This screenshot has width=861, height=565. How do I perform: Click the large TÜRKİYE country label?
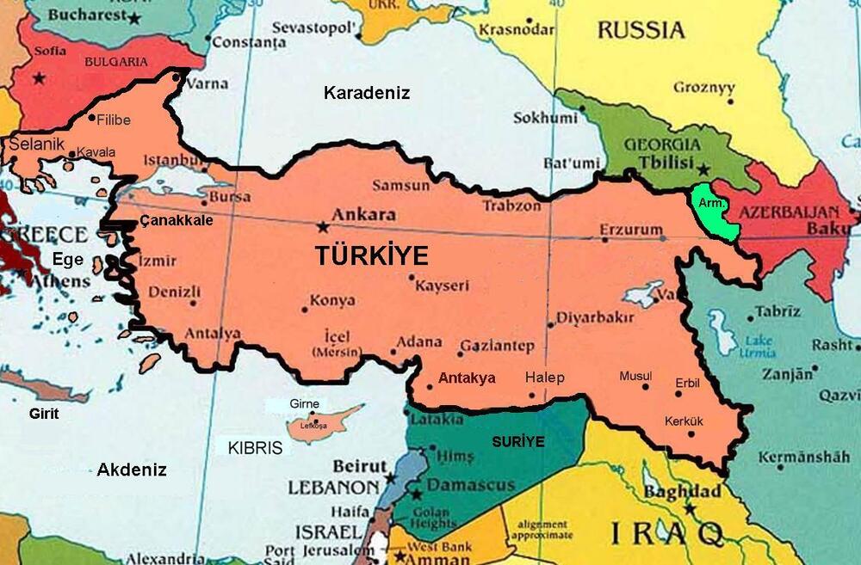(371, 255)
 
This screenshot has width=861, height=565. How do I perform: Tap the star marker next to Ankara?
(323, 227)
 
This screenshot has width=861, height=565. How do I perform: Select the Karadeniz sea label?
(367, 93)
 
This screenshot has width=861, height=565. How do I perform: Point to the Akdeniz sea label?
(132, 470)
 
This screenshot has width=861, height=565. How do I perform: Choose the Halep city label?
(544, 378)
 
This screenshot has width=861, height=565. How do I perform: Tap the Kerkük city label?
(684, 421)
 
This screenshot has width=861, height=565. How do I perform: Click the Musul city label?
(635, 377)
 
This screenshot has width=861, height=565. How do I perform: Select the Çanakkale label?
(176, 220)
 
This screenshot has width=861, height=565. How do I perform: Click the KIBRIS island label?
(255, 448)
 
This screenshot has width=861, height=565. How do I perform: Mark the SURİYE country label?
(518, 442)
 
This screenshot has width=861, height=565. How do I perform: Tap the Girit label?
(43, 414)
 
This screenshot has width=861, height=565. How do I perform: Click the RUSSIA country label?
(641, 30)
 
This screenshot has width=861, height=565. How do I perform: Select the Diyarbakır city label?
(595, 317)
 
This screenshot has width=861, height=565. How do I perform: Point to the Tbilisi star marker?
(704, 170)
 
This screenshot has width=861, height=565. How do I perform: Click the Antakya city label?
(467, 378)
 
